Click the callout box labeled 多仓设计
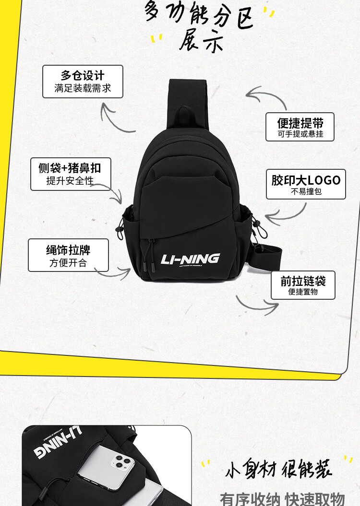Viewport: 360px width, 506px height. [83, 82]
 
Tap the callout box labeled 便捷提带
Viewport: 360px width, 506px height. [300, 127]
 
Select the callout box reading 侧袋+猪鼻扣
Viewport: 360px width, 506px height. [71, 174]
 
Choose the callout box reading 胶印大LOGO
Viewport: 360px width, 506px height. [306, 184]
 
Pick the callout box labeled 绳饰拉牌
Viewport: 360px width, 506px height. [68, 255]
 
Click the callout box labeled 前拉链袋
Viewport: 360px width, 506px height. [303, 285]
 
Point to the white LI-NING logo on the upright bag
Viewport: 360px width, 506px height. [191, 259]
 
